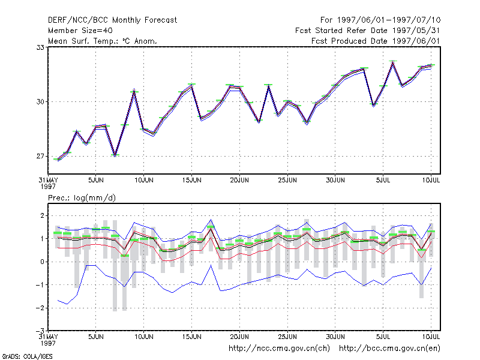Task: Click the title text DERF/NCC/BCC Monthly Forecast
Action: point(112,20)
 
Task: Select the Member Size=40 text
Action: point(80,31)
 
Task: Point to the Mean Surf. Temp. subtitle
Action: point(103,41)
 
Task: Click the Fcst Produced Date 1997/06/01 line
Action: point(376,41)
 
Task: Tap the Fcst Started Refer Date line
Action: point(368,31)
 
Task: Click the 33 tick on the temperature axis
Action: point(40,47)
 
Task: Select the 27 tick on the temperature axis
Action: point(40,157)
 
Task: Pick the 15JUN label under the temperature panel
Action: point(191,181)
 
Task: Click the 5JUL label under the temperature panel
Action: point(383,181)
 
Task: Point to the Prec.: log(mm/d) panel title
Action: point(82,198)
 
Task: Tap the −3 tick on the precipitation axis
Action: point(40,331)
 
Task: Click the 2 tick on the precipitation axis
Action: point(42,216)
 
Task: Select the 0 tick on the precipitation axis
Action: point(42,262)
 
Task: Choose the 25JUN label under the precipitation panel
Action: point(287,337)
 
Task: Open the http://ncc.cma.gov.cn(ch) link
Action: point(279,349)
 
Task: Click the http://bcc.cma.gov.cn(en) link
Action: point(389,349)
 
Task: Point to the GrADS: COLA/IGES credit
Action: point(27,356)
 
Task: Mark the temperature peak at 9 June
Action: point(134,91)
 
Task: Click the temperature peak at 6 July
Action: point(393,62)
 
